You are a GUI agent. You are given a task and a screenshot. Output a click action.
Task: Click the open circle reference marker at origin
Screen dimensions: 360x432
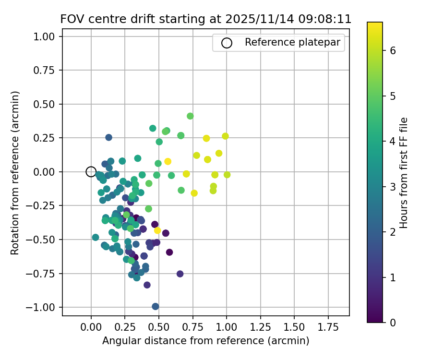[91, 172]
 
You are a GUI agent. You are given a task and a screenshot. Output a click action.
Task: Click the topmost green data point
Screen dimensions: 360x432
[190, 116]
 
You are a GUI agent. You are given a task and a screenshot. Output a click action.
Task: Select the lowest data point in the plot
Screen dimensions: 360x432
[156, 306]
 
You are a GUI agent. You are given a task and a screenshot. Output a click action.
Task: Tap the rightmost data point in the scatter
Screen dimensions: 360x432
[227, 175]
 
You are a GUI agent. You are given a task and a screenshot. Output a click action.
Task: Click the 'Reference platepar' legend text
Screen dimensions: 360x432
[292, 42]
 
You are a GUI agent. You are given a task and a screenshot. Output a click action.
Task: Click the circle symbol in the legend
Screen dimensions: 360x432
[227, 43]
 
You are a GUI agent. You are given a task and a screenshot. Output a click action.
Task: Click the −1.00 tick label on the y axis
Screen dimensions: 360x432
[44, 307]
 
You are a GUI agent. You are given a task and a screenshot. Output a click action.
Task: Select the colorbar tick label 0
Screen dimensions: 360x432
[393, 322]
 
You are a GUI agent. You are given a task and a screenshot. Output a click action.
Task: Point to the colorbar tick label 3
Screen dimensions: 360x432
[393, 186]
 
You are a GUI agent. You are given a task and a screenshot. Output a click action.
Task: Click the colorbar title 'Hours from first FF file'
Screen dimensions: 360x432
[404, 172]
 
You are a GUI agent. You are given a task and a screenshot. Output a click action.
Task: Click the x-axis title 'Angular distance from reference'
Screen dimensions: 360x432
[205, 341]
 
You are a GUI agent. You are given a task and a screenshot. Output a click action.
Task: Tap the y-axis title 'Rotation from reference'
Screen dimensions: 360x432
[15, 172]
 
